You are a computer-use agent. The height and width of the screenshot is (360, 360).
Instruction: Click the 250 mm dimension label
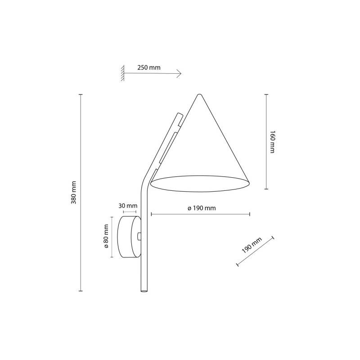click(x=148, y=67)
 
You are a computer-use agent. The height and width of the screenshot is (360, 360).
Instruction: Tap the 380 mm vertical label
click(x=74, y=193)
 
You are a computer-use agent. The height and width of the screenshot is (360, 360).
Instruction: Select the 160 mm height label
click(x=272, y=142)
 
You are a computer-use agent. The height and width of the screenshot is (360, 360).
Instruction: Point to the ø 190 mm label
click(x=202, y=208)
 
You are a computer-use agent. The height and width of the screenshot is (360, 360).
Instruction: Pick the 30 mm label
click(x=128, y=206)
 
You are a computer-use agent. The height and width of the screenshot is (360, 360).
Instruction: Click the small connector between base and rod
click(x=139, y=236)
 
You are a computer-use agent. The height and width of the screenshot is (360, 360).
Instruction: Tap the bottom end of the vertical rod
click(x=144, y=291)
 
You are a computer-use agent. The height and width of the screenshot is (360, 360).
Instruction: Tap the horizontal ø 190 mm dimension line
click(x=200, y=215)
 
